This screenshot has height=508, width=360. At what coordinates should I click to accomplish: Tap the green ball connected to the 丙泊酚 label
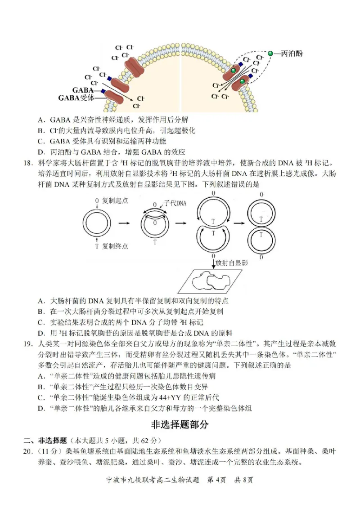[x=270, y=53]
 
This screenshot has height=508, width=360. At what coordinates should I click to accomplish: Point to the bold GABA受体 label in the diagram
[x=76, y=98]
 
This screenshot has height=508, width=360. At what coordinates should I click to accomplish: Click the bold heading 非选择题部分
[x=180, y=424]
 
